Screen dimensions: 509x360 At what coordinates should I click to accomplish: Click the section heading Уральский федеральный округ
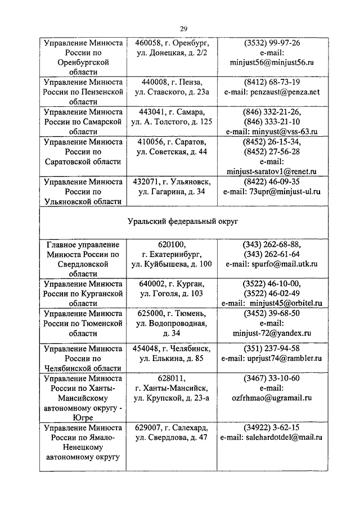(x=183, y=222)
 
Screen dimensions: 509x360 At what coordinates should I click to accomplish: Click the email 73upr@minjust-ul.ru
(x=288, y=191)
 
